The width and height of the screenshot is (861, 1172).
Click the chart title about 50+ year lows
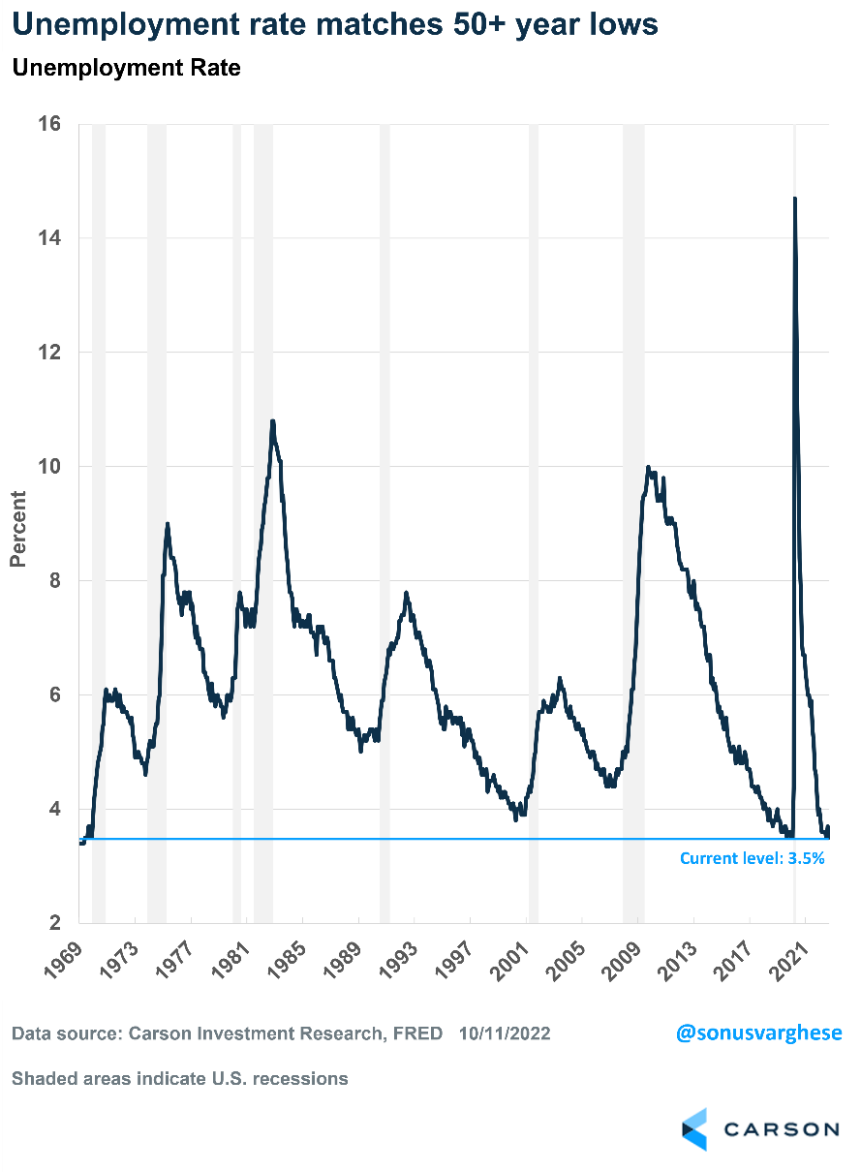(335, 24)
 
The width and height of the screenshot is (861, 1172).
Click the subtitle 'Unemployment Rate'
(126, 69)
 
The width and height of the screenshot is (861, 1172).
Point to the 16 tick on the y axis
(49, 124)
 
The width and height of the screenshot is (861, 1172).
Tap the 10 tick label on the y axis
(49, 467)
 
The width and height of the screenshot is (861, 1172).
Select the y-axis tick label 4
(55, 810)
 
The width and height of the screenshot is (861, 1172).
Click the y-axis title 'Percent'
(18, 529)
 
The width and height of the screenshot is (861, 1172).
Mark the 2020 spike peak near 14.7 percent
(795, 199)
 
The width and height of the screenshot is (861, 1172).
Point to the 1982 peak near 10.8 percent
(273, 421)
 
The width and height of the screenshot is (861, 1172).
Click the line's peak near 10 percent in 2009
(648, 467)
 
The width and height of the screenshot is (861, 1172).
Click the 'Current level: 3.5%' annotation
(752, 858)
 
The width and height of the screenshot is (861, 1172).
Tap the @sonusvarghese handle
(758, 1033)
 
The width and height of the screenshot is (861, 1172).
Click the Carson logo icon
(694, 1129)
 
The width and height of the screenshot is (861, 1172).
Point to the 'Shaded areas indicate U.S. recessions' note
(180, 1078)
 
